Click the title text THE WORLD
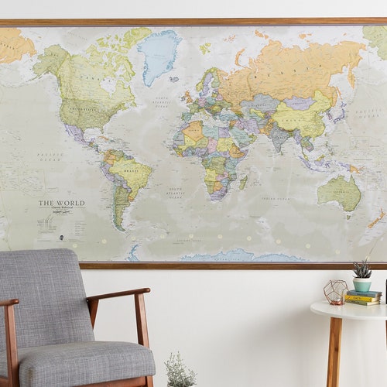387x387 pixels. point(62,204)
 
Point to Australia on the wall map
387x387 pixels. point(340,193)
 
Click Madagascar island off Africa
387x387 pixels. point(243,182)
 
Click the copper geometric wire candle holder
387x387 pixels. point(334,292)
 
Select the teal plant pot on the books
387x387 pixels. point(362,283)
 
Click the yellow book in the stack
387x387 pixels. point(362,297)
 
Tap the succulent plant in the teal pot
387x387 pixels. point(361,269)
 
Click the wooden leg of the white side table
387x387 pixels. point(334,352)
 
